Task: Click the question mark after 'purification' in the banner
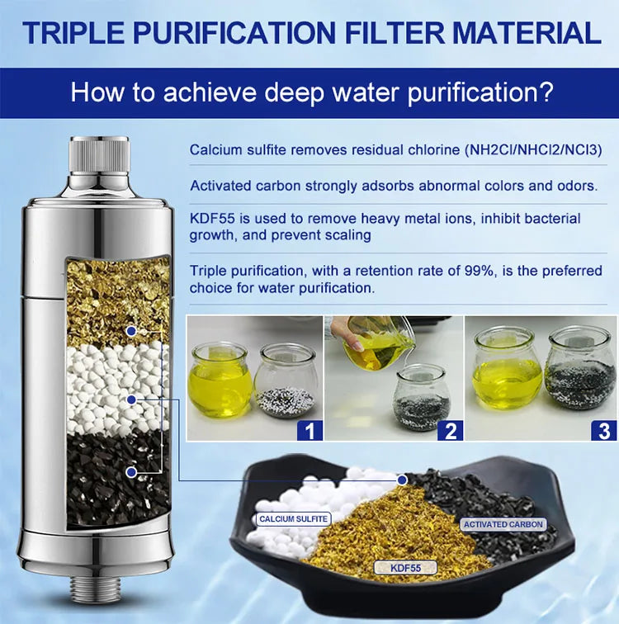pyautogui.click(x=544, y=92)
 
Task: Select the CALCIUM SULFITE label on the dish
pyautogui.click(x=293, y=519)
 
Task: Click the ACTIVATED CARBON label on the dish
pyautogui.click(x=503, y=524)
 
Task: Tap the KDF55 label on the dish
pyautogui.click(x=405, y=568)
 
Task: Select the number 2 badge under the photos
pyautogui.click(x=450, y=430)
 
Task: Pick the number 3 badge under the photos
pyautogui.click(x=604, y=430)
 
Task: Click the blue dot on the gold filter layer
pyautogui.click(x=130, y=330)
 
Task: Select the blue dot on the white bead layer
pyautogui.click(x=130, y=399)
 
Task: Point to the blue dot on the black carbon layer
pyautogui.click(x=130, y=472)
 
